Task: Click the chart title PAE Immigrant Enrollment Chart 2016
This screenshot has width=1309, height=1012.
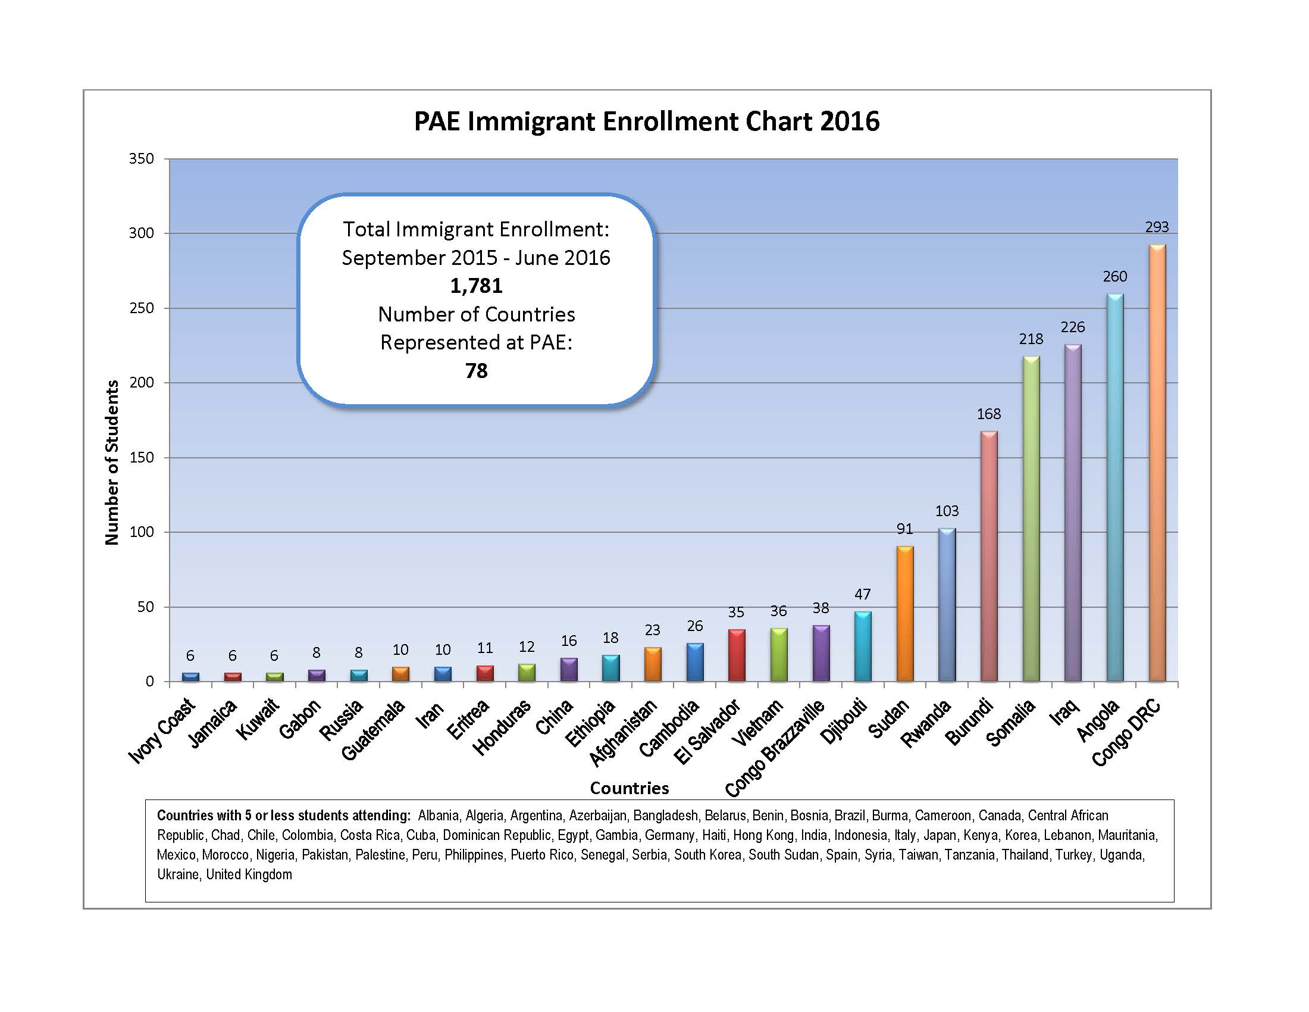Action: [647, 121]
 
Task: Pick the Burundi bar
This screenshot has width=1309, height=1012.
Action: [989, 558]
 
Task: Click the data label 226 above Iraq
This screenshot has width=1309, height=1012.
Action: [1073, 327]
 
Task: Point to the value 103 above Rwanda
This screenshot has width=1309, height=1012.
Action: [947, 511]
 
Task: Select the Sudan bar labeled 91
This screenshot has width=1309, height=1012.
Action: [905, 614]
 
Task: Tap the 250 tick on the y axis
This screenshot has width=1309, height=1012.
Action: [142, 308]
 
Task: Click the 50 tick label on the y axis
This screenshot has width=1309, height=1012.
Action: [146, 607]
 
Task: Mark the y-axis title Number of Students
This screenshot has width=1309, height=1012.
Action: [112, 463]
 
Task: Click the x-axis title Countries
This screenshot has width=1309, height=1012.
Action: [630, 788]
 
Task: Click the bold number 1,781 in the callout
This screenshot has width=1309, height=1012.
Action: [477, 286]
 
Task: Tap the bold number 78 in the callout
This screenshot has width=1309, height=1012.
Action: [477, 371]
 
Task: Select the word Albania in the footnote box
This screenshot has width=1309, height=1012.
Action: [437, 816]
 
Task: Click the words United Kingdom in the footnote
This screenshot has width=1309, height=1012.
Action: [249, 874]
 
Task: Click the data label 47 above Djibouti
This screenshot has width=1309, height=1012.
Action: [863, 594]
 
